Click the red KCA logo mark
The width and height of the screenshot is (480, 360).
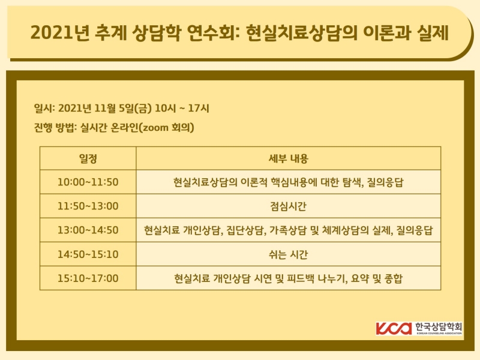tap(394, 328)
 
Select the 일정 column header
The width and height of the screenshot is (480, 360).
tap(88, 158)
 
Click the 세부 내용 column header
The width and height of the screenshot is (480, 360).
tap(288, 158)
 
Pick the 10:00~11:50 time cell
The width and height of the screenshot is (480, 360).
tap(88, 182)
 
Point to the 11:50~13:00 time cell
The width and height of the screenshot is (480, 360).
tap(88, 206)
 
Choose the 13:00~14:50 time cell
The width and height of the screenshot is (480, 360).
tap(88, 230)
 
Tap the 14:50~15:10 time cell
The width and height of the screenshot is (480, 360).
tap(88, 254)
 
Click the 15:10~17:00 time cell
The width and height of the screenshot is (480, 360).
tap(88, 278)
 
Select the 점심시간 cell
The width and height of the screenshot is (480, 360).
tap(288, 206)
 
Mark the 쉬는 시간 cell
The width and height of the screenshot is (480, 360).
tap(288, 254)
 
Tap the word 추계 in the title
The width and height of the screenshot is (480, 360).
tap(109, 32)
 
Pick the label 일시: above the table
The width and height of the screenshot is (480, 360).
tap(45, 108)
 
